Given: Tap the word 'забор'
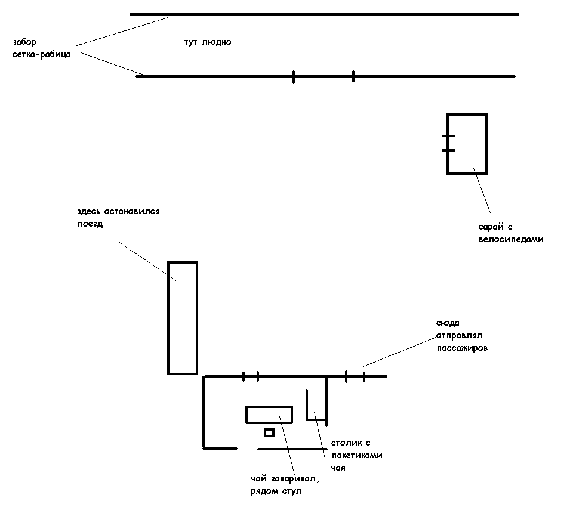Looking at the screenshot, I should pos(24,42).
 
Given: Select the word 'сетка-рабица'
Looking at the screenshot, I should pos(41,55).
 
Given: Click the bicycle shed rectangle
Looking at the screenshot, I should pos(467,144).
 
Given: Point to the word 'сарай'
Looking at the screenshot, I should pos(490,227).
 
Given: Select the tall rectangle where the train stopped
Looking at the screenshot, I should pos(182,318).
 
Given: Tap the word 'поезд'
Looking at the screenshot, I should pos(90,224).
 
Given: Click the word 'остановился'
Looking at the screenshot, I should pos(131,212).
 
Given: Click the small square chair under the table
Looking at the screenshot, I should pos(269,432).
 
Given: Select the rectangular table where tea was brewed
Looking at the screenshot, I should pos(269,414).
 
